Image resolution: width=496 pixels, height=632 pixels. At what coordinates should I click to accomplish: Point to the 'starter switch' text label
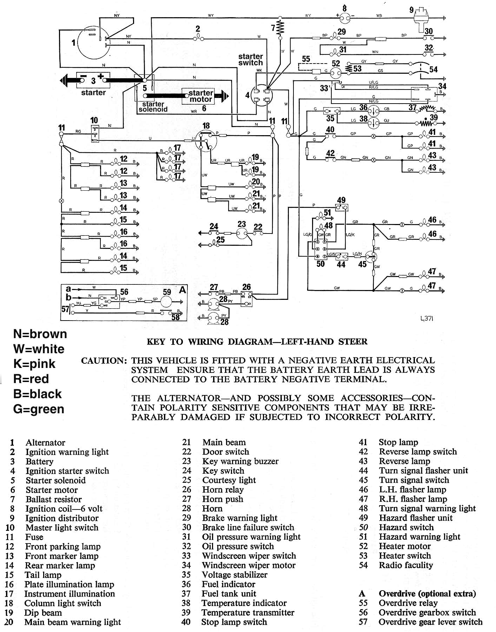[x=250, y=60]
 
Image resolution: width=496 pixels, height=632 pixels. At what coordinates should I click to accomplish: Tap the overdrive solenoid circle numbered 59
[x=167, y=301]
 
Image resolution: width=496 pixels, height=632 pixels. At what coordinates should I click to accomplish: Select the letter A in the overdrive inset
[x=183, y=290]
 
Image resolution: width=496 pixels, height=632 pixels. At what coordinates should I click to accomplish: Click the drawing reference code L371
[x=427, y=319]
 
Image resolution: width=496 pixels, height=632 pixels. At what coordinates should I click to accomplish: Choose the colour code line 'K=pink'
[x=34, y=364]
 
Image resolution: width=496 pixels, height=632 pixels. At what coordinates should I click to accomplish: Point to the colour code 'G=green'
[x=39, y=409]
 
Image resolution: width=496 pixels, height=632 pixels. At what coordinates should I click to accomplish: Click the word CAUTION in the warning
[x=104, y=361]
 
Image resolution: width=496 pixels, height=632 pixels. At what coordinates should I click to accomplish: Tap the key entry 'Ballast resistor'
[x=53, y=499]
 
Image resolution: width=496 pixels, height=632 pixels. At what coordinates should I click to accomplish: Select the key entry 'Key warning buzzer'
[x=240, y=461]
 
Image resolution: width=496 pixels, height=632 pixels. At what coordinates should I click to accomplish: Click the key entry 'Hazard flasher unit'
[x=416, y=518]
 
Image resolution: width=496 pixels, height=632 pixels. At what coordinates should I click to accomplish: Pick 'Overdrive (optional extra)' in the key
[x=427, y=594]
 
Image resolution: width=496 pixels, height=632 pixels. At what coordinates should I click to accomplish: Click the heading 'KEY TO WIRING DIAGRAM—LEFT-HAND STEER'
[x=257, y=342]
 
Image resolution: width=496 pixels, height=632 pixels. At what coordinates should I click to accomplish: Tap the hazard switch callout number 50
[x=320, y=264]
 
